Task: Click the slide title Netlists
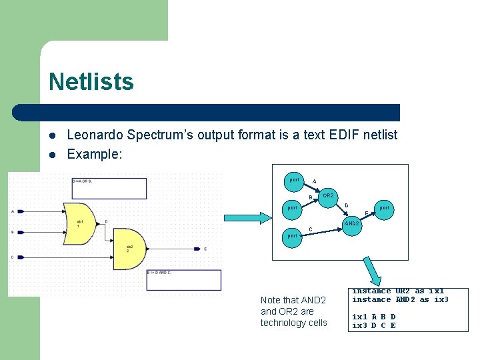pyautogui.click(x=91, y=82)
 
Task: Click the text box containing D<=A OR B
pyautogui.click(x=109, y=187)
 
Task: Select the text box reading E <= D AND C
pyautogui.click(x=183, y=279)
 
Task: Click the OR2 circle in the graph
pyautogui.click(x=328, y=196)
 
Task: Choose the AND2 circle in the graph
pyautogui.click(x=351, y=223)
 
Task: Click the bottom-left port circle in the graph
pyautogui.click(x=291, y=236)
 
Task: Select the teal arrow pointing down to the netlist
pyautogui.click(x=371, y=272)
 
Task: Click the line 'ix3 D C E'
pyautogui.click(x=374, y=325)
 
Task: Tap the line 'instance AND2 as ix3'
pyautogui.click(x=400, y=300)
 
